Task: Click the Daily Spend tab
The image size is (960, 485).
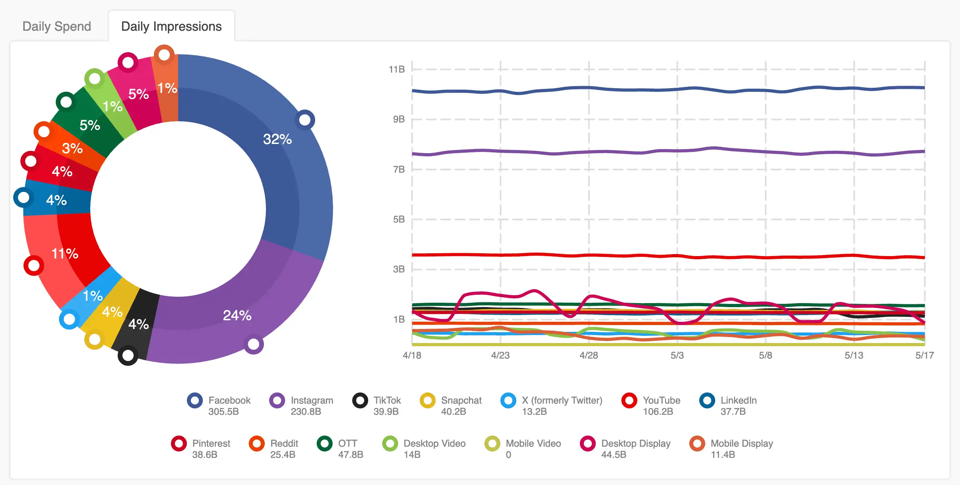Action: pos(57,26)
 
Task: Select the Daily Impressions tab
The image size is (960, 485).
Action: pos(171,26)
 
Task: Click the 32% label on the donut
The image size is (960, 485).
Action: pos(277,139)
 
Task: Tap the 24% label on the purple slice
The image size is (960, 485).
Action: pos(237,315)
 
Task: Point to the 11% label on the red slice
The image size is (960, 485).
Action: pos(65,254)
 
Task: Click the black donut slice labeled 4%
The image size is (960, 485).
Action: pos(138,324)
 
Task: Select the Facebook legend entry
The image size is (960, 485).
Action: pos(229,400)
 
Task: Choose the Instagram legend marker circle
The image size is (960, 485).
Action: pos(277,400)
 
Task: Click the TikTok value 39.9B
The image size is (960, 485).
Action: pos(386,412)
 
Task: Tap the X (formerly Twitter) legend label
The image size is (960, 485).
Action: pos(561,400)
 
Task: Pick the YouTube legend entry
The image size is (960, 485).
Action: pos(661,400)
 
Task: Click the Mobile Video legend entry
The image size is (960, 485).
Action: pos(533,444)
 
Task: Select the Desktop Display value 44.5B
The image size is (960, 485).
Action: pos(613,455)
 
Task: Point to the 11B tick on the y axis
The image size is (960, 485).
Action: pos(397,69)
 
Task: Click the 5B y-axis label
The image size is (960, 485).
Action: pos(399,219)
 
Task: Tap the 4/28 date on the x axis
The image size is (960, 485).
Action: pos(589,355)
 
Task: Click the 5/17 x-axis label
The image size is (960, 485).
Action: pos(924,355)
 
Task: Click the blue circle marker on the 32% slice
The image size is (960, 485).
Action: pos(305,120)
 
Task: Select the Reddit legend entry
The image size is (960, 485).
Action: pos(284,444)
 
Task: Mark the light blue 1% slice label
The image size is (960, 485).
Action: pos(93,296)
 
